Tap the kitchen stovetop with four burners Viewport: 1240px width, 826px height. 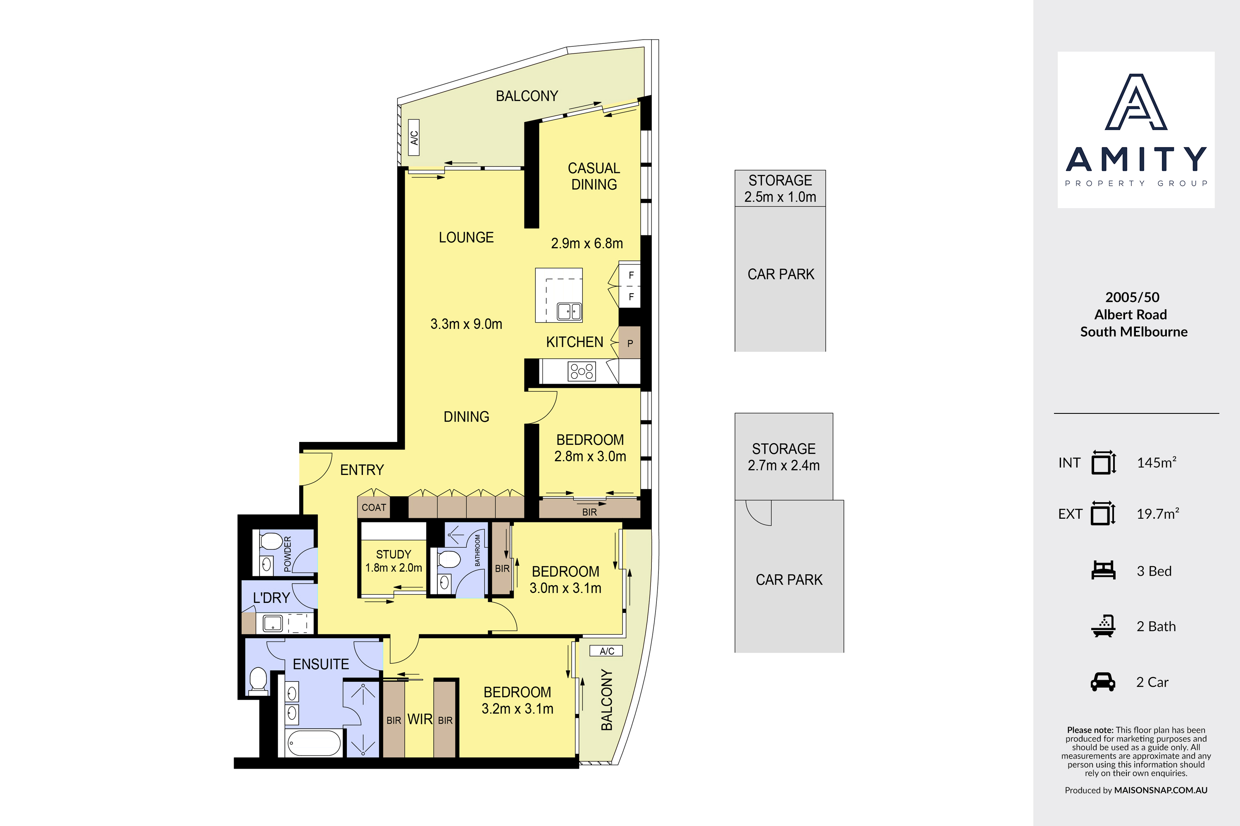click(x=582, y=371)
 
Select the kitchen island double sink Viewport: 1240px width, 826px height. click(x=570, y=311)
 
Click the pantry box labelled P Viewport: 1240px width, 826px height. click(x=630, y=343)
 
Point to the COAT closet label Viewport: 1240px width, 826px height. click(x=374, y=507)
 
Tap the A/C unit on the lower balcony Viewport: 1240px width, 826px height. click(x=606, y=651)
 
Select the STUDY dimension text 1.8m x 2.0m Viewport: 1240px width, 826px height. click(x=394, y=568)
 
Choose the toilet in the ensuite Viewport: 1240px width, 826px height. click(x=258, y=679)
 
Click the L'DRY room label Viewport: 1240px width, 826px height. click(x=272, y=598)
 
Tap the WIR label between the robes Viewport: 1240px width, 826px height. click(x=420, y=719)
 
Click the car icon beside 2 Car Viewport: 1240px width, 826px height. click(x=1103, y=682)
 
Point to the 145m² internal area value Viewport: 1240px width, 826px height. click(x=1157, y=463)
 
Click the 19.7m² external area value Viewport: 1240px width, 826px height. click(x=1158, y=514)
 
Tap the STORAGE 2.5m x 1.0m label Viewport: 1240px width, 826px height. click(x=780, y=189)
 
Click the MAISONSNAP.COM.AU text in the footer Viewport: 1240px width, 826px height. click(x=1160, y=790)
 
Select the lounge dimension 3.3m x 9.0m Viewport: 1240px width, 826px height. click(x=466, y=324)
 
